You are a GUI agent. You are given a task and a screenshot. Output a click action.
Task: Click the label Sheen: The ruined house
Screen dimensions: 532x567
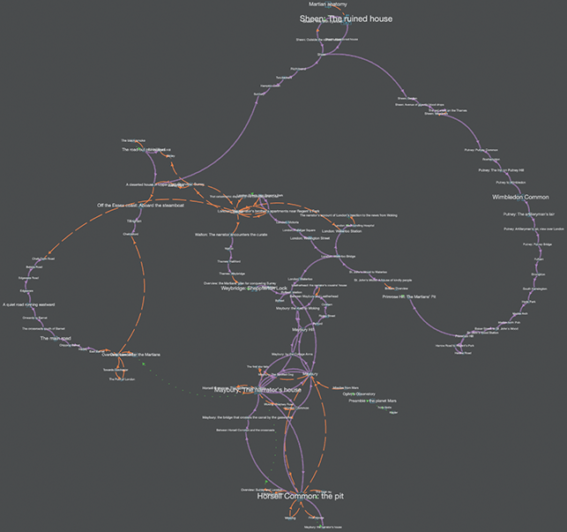(x=346, y=19)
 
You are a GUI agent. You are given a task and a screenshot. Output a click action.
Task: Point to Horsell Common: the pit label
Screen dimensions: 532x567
(x=287, y=496)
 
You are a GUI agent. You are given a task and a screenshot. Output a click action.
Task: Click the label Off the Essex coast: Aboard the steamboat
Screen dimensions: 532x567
(x=141, y=205)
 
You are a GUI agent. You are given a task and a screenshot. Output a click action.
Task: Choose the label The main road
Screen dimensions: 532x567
(x=55, y=338)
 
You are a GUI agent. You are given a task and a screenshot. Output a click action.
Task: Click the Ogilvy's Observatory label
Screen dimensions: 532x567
(x=360, y=393)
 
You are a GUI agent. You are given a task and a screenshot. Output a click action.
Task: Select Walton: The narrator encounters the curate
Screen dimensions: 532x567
(x=231, y=235)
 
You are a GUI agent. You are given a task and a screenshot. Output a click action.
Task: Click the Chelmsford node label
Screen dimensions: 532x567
(x=131, y=233)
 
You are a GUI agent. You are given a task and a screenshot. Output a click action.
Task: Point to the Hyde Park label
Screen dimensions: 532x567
(x=528, y=302)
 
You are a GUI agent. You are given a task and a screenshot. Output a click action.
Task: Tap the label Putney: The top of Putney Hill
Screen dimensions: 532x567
(x=501, y=170)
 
